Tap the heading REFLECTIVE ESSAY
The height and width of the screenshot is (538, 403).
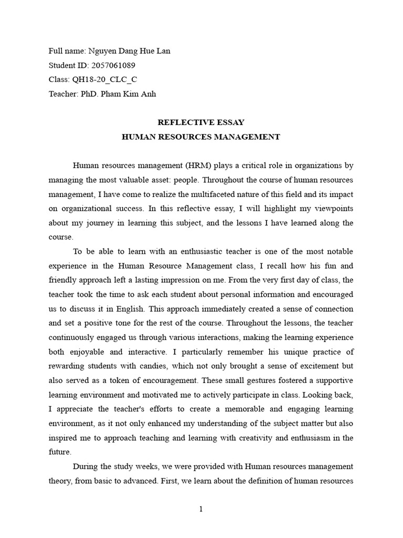(x=201, y=122)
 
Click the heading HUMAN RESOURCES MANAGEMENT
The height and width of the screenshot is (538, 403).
(x=201, y=137)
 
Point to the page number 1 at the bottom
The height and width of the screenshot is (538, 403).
(x=201, y=509)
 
